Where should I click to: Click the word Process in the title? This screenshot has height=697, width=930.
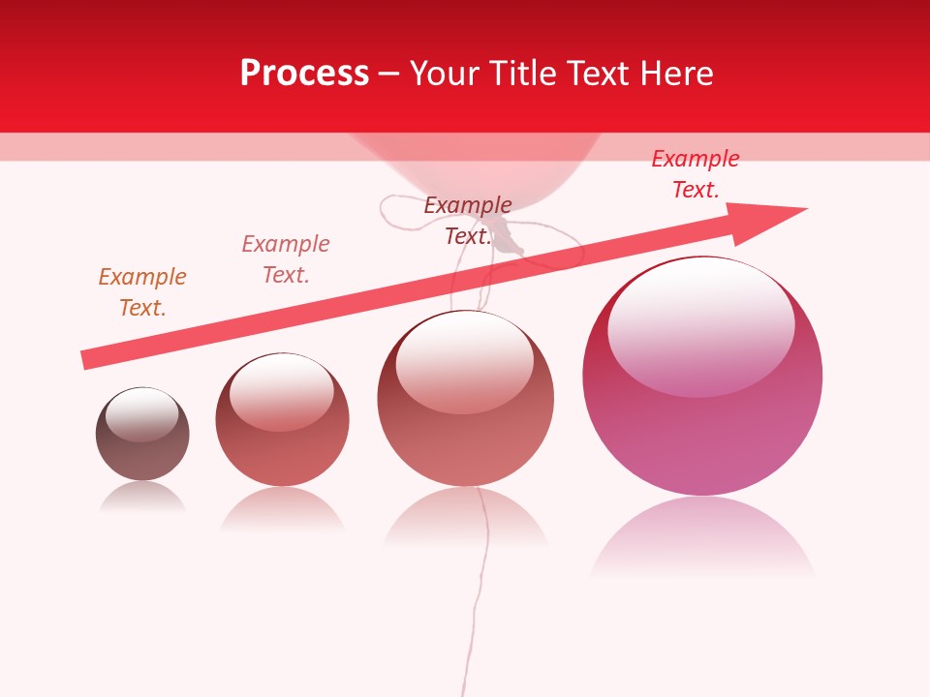(304, 74)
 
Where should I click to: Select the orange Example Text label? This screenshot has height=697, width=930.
(142, 292)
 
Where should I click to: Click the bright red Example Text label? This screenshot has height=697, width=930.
(696, 174)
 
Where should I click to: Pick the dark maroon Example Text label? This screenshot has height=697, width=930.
(468, 220)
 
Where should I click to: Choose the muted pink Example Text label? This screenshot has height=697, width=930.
(286, 259)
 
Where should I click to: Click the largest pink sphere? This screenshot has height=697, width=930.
(702, 426)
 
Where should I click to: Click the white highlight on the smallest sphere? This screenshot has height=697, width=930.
(142, 414)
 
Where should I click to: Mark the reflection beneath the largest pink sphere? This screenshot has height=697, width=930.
(702, 538)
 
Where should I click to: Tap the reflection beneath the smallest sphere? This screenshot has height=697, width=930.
(142, 498)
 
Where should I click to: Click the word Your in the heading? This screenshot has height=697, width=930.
(444, 74)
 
